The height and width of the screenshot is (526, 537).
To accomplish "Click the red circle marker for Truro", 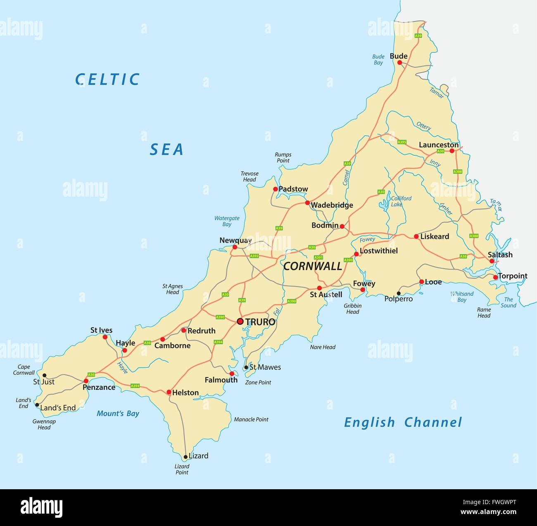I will (240, 321).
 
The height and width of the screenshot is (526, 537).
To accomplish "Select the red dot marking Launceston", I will (452, 151).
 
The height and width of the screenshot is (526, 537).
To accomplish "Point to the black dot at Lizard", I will (185, 457).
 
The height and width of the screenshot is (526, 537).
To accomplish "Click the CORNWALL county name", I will (313, 266).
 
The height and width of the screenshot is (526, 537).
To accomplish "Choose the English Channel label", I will (403, 422).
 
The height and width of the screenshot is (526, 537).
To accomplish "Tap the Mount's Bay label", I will (118, 414).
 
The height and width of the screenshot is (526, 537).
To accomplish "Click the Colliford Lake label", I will (401, 201).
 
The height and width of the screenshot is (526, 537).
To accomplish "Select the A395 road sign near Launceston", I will (402, 142).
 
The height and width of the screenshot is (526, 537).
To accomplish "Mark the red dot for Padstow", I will (275, 189).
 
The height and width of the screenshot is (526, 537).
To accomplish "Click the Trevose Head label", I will (249, 176).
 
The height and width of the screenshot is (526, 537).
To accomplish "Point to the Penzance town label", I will (99, 387).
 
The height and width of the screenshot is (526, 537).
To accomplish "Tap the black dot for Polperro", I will (399, 293).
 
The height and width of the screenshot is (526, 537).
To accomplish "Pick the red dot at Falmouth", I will (232, 374).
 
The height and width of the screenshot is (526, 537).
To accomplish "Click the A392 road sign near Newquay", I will (254, 256).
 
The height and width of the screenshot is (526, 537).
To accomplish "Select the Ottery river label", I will (423, 126).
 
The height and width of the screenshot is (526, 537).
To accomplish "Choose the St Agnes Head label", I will (173, 289).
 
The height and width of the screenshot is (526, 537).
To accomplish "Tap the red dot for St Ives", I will (105, 337).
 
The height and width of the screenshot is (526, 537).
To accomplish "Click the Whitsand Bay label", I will (462, 297).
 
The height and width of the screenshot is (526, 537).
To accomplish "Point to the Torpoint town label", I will (512, 276).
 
